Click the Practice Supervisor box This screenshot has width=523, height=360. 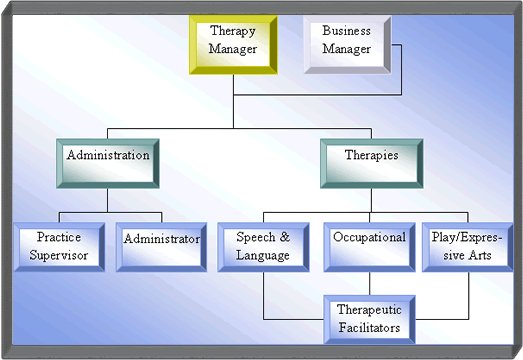click(x=58, y=246)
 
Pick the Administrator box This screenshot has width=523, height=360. click(x=161, y=246)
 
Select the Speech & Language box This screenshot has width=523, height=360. click(x=263, y=246)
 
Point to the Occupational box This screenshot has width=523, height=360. click(x=370, y=246)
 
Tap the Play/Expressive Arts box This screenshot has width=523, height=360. click(x=468, y=246)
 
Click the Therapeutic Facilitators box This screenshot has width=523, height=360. click(x=370, y=317)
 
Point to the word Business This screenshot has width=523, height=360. click(x=346, y=31)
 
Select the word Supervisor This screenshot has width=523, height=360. click(x=58, y=255)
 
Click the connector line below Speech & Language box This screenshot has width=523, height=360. click(x=263, y=290)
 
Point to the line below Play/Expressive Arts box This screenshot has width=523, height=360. click(x=468, y=290)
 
